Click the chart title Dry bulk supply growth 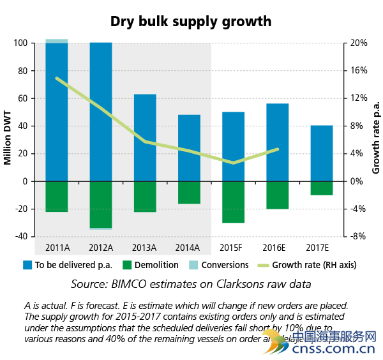tap(191, 21)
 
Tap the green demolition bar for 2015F tap(233, 202)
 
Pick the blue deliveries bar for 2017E tap(321, 153)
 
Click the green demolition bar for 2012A tap(101, 204)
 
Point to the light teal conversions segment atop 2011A tap(57, 41)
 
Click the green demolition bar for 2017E tap(321, 188)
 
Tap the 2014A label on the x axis tap(188, 246)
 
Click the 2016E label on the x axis tap(277, 246)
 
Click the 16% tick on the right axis tap(358, 71)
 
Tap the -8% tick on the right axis tap(358, 236)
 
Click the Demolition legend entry tap(151, 264)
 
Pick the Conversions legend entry tap(225, 264)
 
